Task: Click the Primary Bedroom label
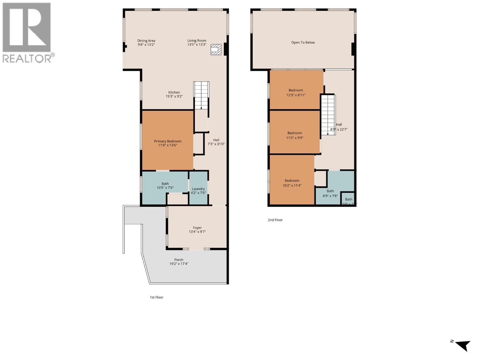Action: pyautogui.click(x=168, y=141)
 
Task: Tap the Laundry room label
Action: pyautogui.click(x=198, y=189)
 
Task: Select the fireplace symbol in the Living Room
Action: pyautogui.click(x=216, y=49)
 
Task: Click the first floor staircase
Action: pyautogui.click(x=201, y=95)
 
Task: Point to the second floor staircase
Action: pyautogui.click(x=328, y=115)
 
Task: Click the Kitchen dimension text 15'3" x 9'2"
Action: pyautogui.click(x=174, y=97)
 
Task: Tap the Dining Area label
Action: pyautogui.click(x=146, y=41)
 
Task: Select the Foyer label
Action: pyautogui.click(x=197, y=228)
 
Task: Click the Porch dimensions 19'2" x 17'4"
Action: pyautogui.click(x=179, y=264)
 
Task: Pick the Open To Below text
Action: pyautogui.click(x=303, y=43)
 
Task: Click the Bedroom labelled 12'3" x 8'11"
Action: pyautogui.click(x=296, y=92)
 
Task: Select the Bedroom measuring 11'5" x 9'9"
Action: pyautogui.click(x=295, y=135)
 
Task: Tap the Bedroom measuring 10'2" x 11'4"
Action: pyautogui.click(x=292, y=183)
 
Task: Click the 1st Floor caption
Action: pyautogui.click(x=157, y=297)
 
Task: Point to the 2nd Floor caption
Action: pyautogui.click(x=275, y=220)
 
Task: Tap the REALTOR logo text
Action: pyautogui.click(x=27, y=58)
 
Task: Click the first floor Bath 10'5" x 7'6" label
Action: pyautogui.click(x=165, y=186)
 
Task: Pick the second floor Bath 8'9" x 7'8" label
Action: pyautogui.click(x=330, y=193)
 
